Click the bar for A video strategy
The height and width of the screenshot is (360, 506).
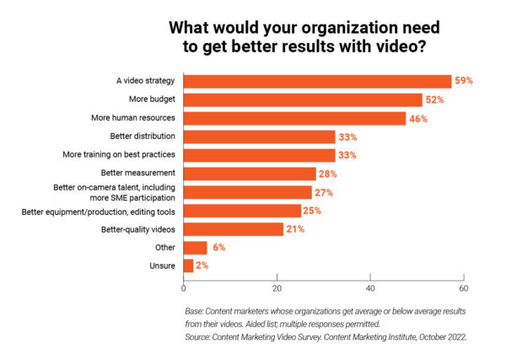[x=317, y=81]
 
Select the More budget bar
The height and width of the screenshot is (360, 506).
[x=303, y=99]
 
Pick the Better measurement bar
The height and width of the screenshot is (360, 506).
[x=250, y=174]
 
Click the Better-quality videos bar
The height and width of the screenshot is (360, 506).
[x=234, y=228]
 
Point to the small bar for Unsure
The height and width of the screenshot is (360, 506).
[x=188, y=266]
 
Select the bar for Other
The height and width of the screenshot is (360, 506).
[x=195, y=247]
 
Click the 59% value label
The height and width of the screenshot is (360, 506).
[x=463, y=81]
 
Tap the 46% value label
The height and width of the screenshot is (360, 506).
[x=418, y=118]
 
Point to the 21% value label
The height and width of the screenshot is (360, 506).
[x=294, y=228]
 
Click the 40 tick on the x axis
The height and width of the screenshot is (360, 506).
[x=370, y=287]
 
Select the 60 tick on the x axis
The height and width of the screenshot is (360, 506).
[x=463, y=287]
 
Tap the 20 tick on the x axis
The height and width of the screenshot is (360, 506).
[x=277, y=287]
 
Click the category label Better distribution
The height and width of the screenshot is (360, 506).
[x=143, y=137]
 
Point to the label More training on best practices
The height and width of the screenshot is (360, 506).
[x=119, y=155]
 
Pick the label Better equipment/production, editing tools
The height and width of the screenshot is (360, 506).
[x=99, y=210]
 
